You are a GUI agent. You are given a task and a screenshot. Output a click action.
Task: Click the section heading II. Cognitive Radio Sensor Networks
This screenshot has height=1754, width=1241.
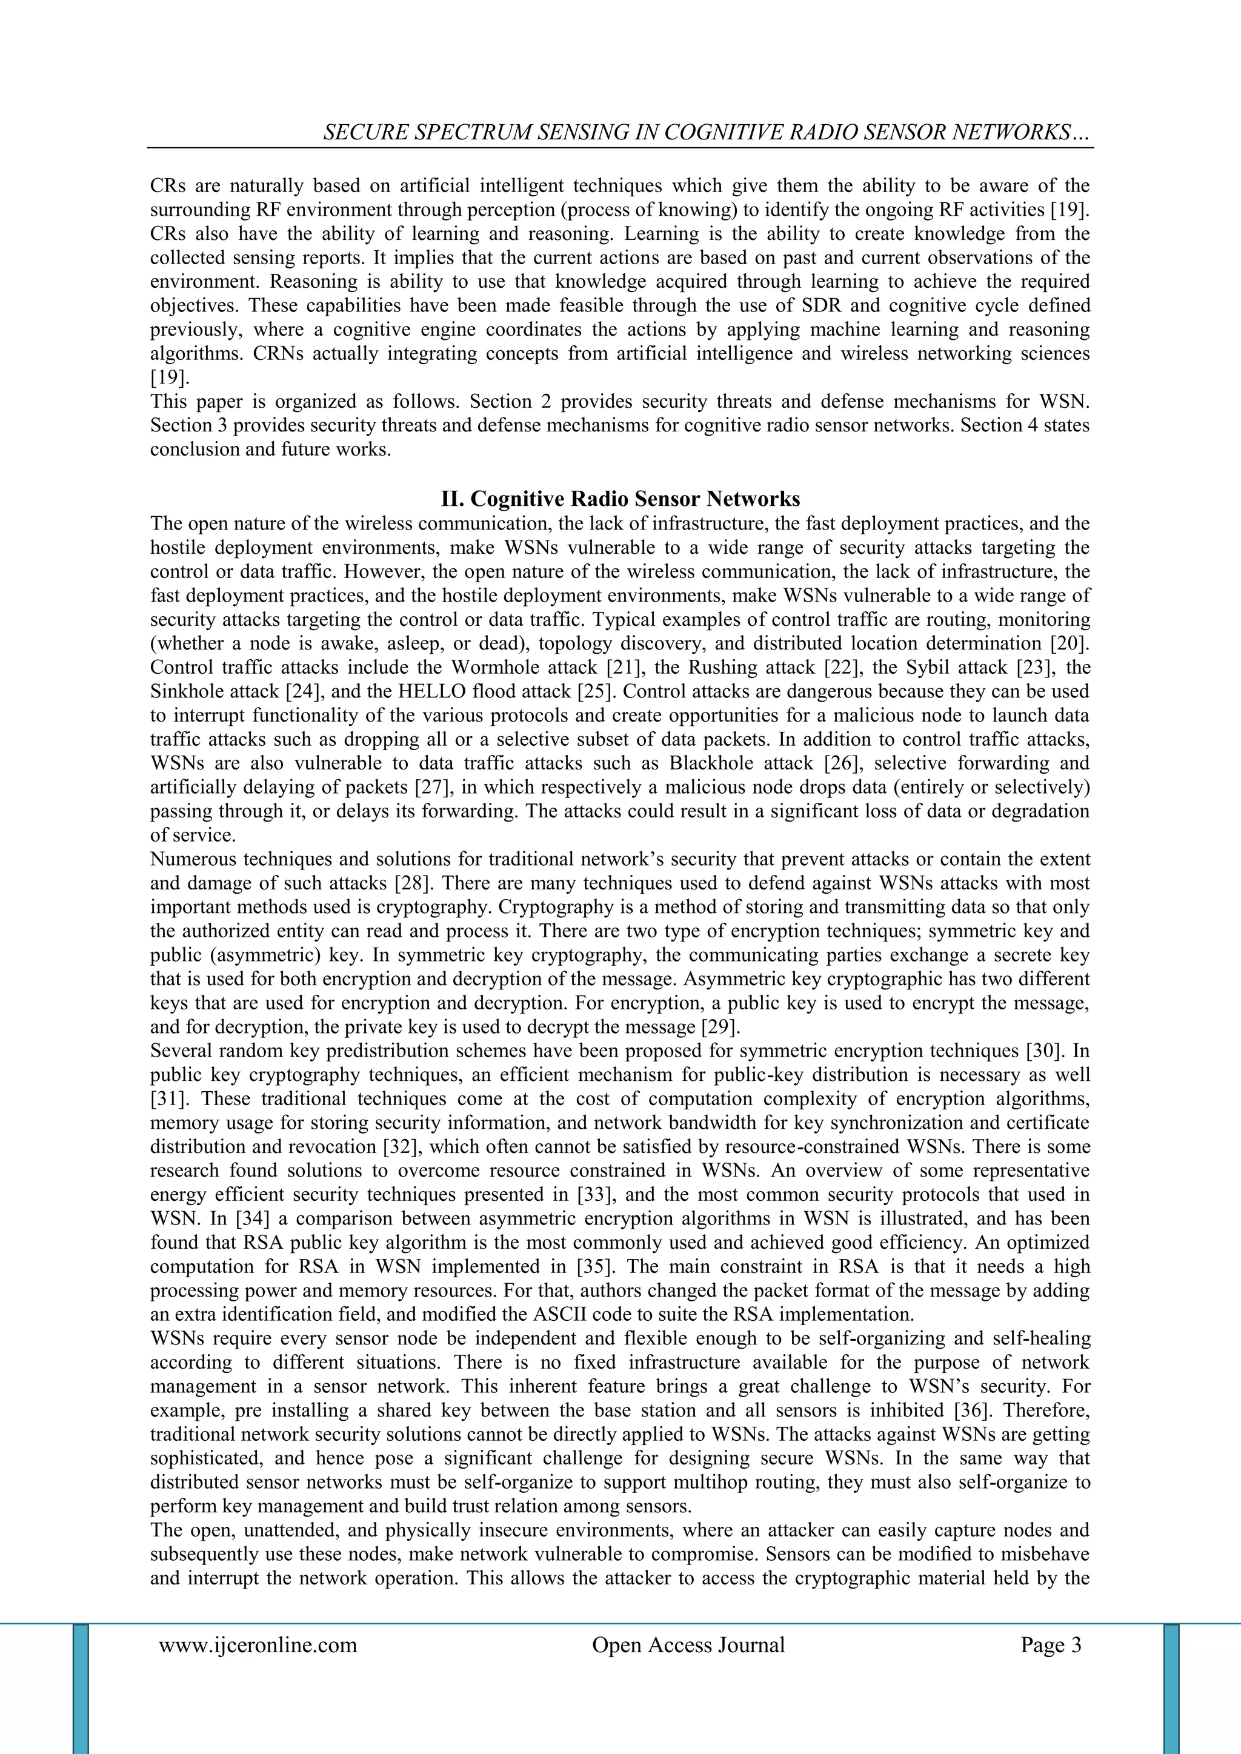620,499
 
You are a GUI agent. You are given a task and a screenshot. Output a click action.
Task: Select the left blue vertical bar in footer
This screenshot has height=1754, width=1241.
80,1689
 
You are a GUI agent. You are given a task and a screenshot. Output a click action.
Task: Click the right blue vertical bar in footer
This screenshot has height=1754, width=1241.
1171,1689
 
